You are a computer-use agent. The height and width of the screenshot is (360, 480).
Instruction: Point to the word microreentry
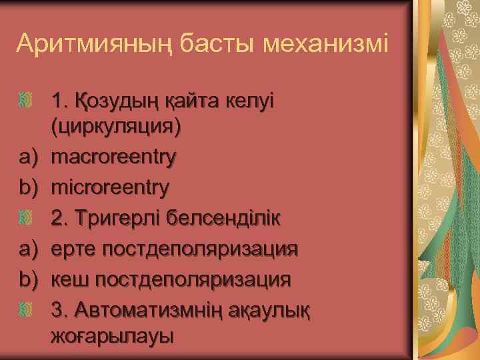pyautogui.click(x=111, y=188)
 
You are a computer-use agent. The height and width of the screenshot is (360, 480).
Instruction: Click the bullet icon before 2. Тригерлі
pyautogui.click(x=27, y=218)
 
